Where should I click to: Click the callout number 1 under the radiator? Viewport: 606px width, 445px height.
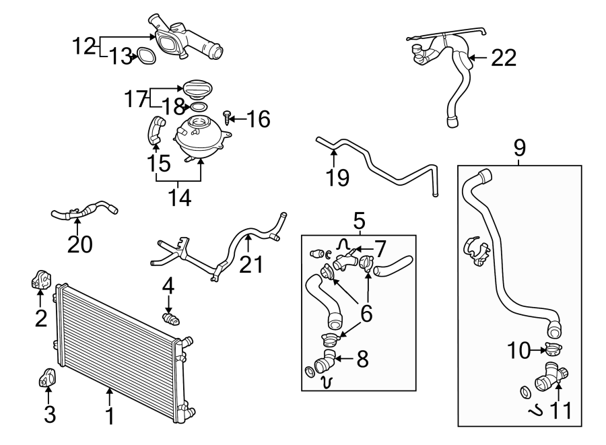[x=110, y=414]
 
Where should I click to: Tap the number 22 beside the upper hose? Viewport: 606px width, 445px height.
[x=503, y=59]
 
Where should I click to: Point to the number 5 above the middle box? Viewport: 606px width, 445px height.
[x=358, y=219]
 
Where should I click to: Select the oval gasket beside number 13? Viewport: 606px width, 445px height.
[x=146, y=56]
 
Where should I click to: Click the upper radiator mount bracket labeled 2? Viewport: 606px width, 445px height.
[x=40, y=281]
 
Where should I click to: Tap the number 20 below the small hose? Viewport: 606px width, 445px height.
[x=79, y=244]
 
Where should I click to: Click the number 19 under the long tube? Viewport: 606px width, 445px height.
[x=338, y=178]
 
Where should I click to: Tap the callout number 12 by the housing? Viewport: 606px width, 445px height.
[x=85, y=46]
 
